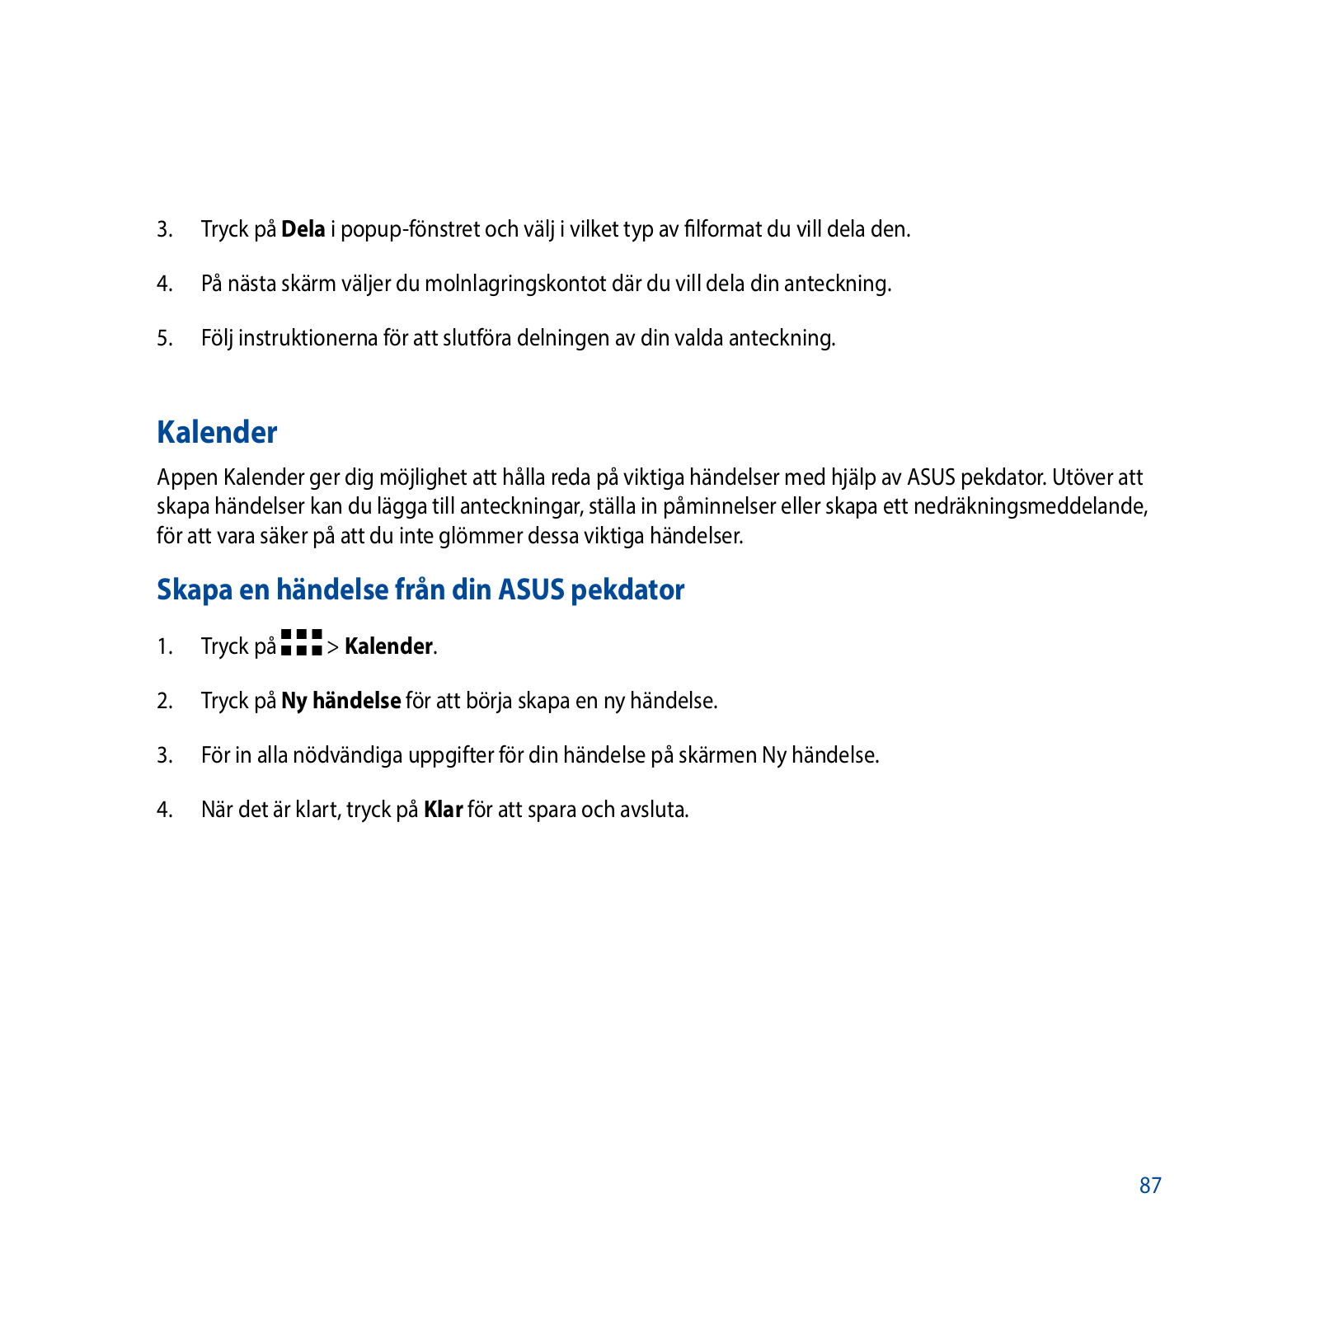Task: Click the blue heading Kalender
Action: (217, 432)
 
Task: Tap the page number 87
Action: (1150, 1186)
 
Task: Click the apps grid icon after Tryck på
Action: (301, 643)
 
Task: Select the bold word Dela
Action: (303, 229)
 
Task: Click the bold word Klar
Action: (443, 810)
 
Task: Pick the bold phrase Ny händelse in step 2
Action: (341, 701)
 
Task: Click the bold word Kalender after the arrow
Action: (388, 646)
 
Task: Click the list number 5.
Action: (165, 338)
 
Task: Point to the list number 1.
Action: (165, 646)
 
